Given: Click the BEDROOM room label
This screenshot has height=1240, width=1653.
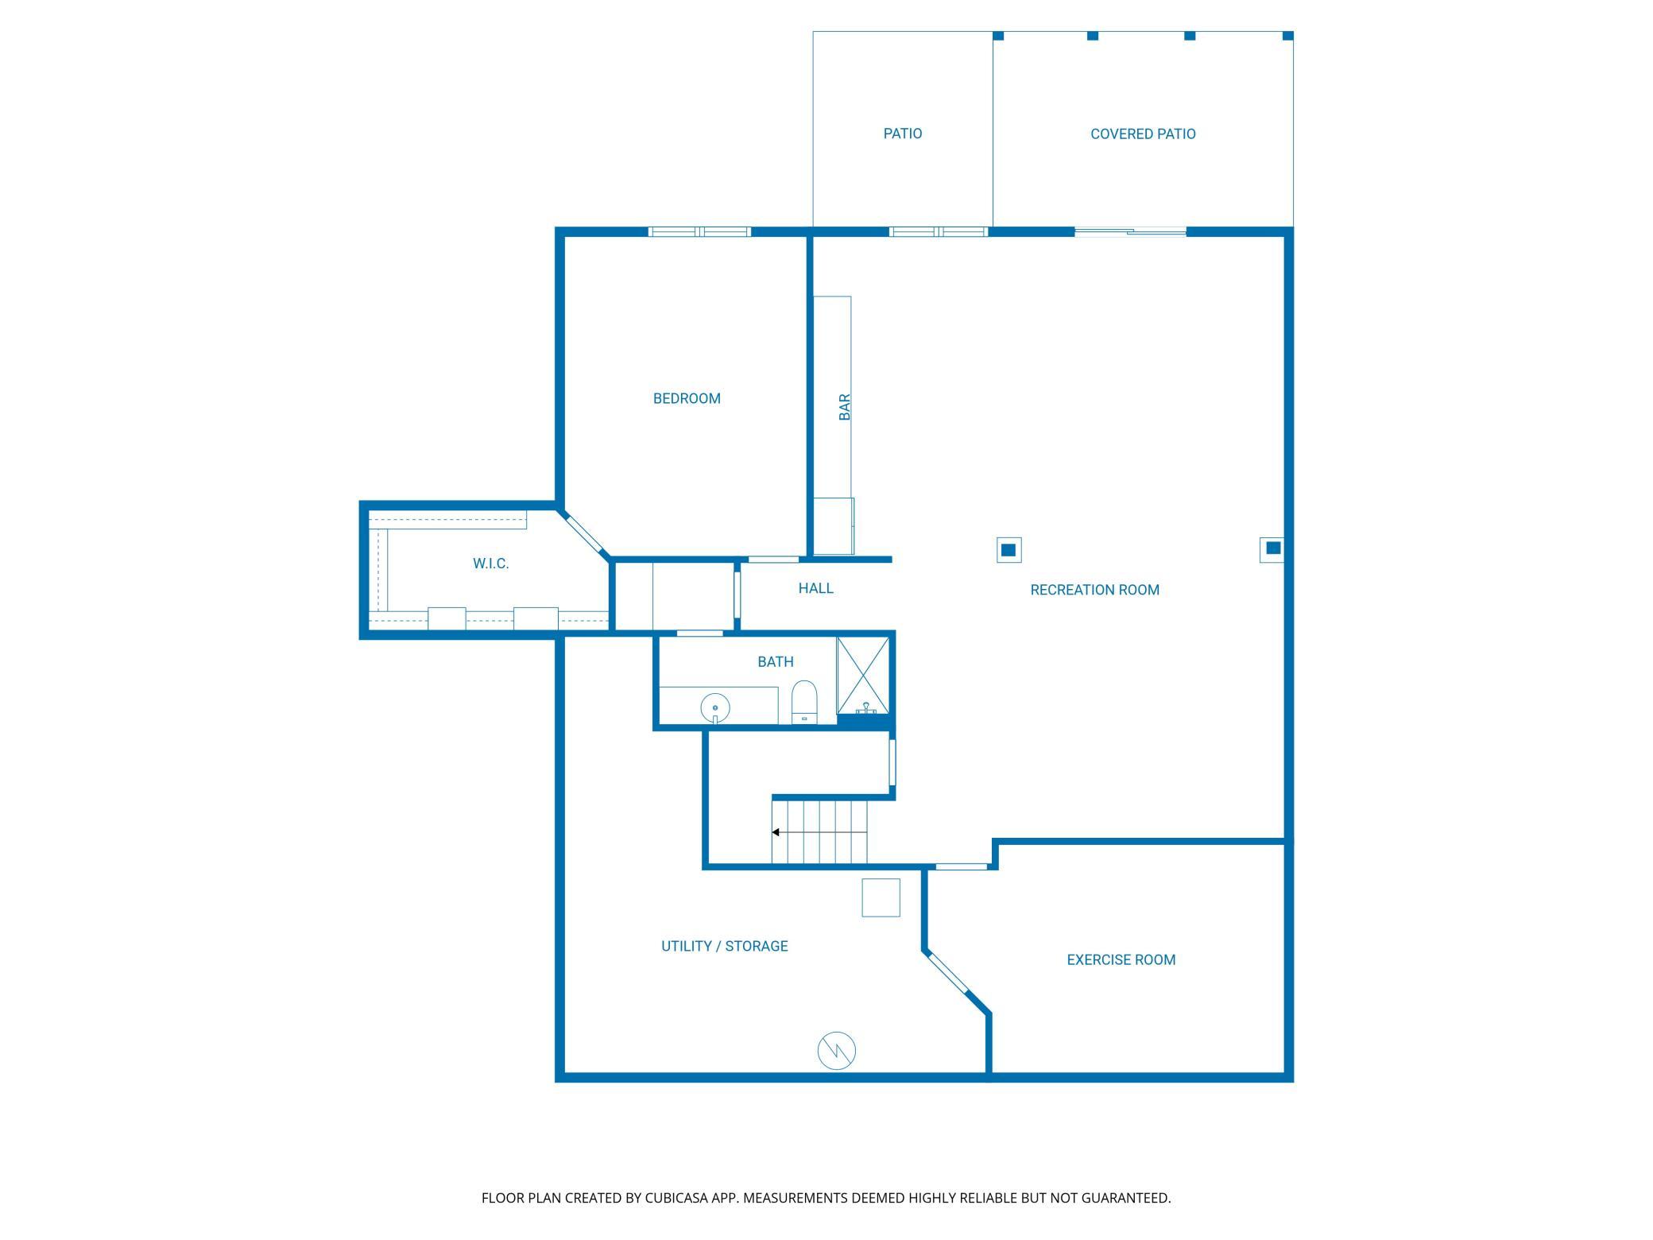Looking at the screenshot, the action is pos(687,398).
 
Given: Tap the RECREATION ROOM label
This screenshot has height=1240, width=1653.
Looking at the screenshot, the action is pos(1094,590).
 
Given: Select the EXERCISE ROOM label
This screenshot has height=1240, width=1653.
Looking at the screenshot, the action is pos(1121,959).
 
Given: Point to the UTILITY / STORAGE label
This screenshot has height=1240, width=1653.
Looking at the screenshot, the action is pos(724,946).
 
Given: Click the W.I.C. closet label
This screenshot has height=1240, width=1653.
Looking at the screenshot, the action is pos(490,564).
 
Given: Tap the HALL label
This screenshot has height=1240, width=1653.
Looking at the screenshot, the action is pos(815,588).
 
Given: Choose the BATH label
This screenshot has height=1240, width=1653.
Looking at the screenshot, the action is pos(775,661).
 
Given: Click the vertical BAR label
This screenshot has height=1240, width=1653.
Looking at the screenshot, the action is pos(845,407).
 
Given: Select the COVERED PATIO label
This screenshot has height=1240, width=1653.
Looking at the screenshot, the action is pos(1143,134).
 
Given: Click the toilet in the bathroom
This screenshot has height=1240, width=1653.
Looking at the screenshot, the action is pos(804,703).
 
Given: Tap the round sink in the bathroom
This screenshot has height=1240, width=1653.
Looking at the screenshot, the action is pos(715,707).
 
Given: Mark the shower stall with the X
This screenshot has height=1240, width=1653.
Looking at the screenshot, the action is pos(863,675).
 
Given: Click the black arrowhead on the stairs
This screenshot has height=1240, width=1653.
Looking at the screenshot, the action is pos(776,832).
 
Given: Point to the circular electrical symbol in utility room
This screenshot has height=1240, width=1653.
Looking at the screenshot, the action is pos(837,1051).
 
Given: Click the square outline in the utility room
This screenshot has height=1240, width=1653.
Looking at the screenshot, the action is pos(881,897).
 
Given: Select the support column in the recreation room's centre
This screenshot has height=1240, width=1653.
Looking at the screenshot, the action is pos(1008,549).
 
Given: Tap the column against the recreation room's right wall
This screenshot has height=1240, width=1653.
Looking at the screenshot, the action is pos(1272,548).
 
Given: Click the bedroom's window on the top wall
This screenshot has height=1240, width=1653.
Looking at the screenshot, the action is pos(699,232).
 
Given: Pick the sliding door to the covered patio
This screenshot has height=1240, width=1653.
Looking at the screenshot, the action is pos(1130,232).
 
